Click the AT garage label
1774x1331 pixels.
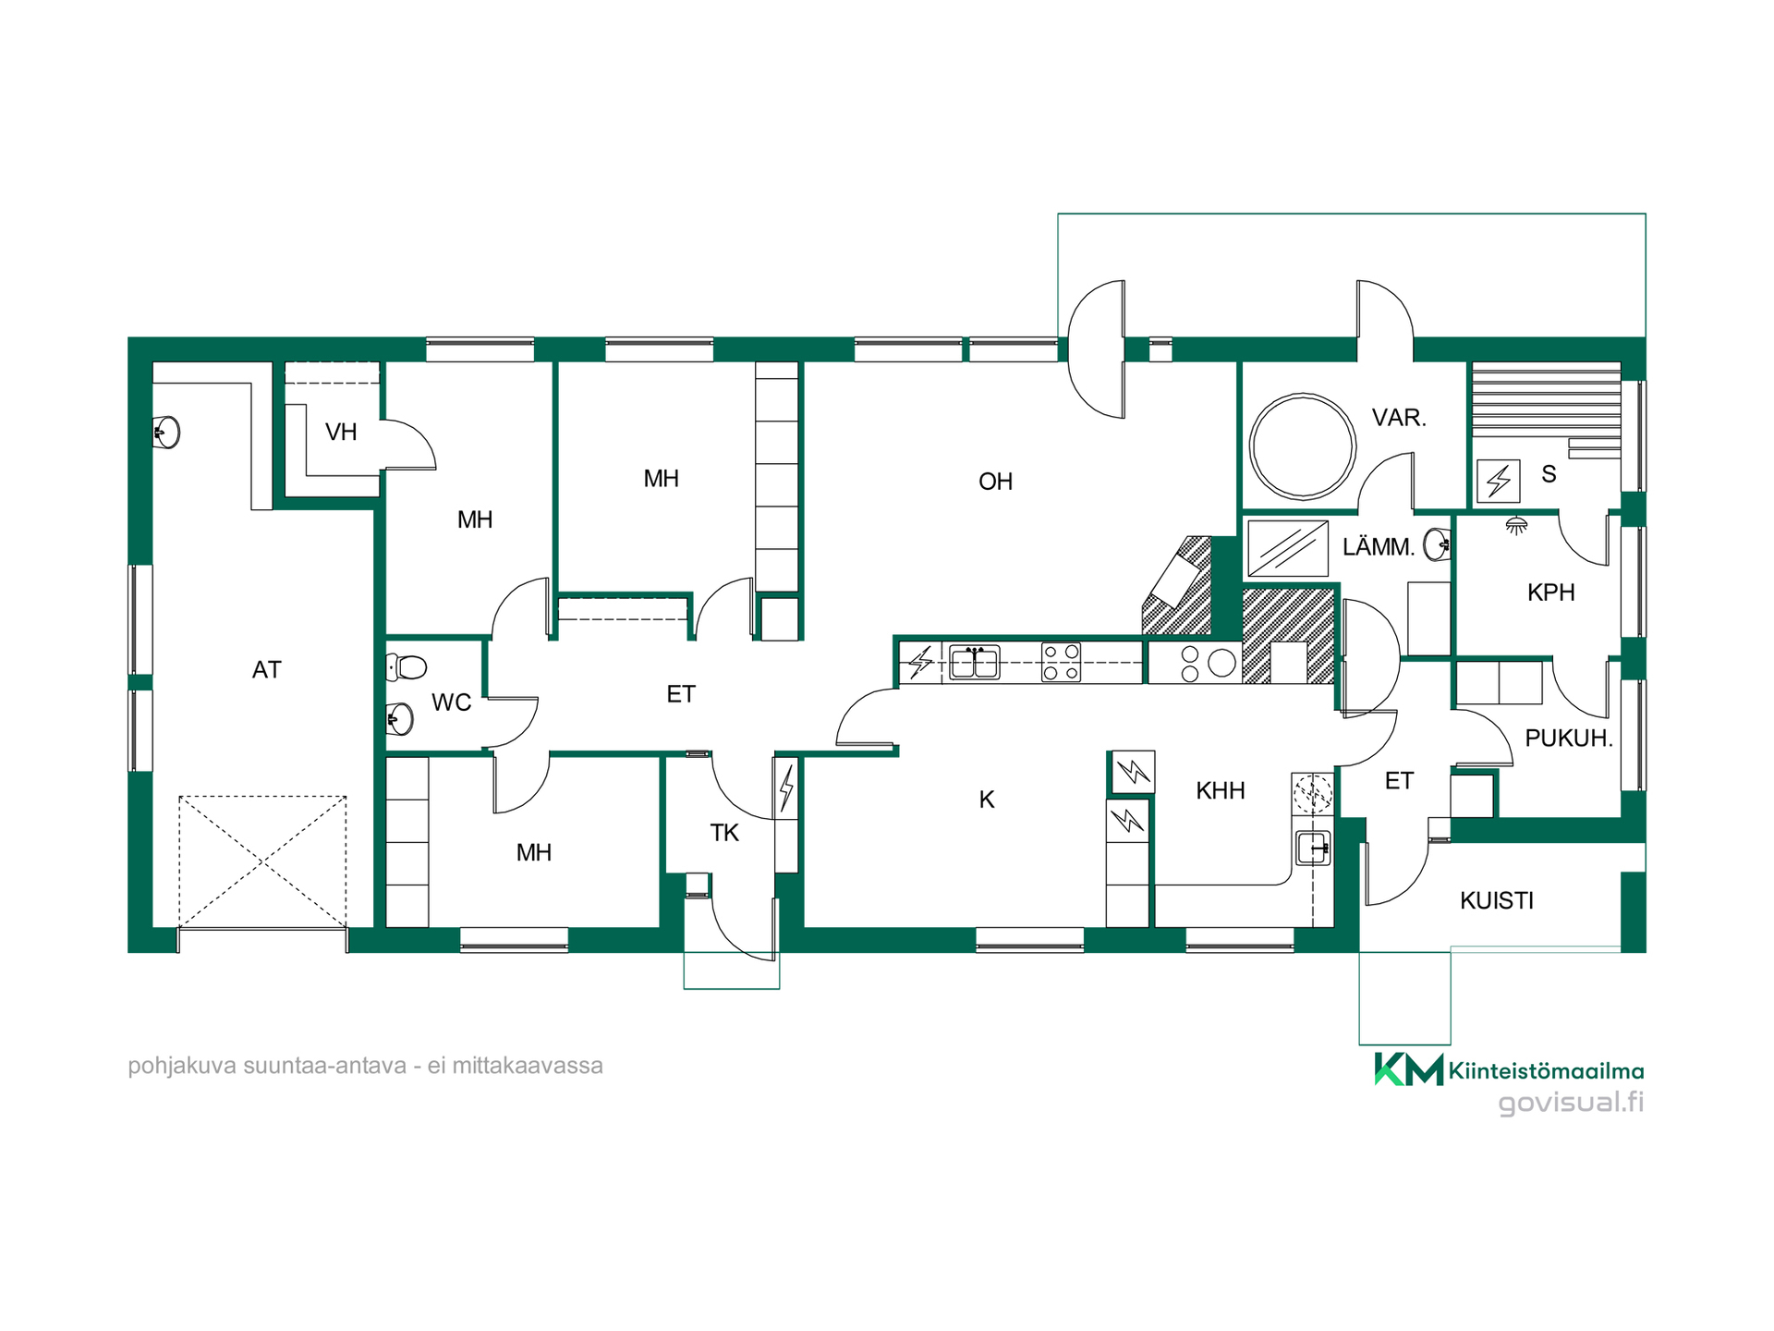tap(266, 670)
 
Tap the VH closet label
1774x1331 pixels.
tap(341, 432)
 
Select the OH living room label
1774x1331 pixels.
tap(995, 482)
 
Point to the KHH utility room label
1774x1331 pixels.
tap(1220, 791)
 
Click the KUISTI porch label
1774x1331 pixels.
tap(1497, 901)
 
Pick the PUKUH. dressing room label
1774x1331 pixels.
tap(1569, 739)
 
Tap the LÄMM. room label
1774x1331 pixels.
tap(1379, 547)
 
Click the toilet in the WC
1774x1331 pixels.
tap(407, 666)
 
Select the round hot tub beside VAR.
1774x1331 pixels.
tap(1302, 446)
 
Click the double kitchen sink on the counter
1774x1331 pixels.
tap(975, 663)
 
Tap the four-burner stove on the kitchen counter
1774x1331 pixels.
tap(1061, 663)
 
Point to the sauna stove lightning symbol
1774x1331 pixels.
tap(1498, 482)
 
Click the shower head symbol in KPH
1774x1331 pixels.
tap(1516, 526)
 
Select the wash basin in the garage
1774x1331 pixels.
tap(166, 432)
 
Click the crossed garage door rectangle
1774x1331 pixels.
tap(262, 861)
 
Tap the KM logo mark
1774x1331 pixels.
tap(1409, 1069)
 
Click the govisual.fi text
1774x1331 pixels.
tap(1571, 1103)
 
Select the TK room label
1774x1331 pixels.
tap(724, 834)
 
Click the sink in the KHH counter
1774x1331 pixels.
tap(1313, 848)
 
